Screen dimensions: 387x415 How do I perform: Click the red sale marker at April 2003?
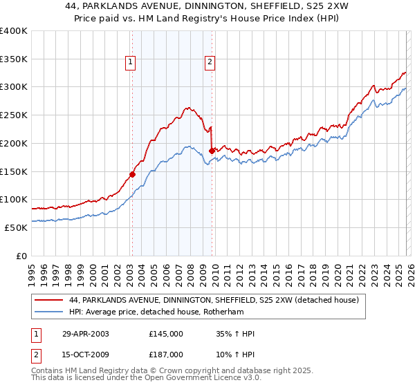click(x=132, y=174)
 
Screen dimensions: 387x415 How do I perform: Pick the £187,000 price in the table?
click(x=166, y=353)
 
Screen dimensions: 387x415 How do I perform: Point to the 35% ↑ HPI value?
click(x=235, y=334)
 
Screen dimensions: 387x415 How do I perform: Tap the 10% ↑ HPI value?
click(x=235, y=353)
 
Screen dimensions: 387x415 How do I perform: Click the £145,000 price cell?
click(x=166, y=334)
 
